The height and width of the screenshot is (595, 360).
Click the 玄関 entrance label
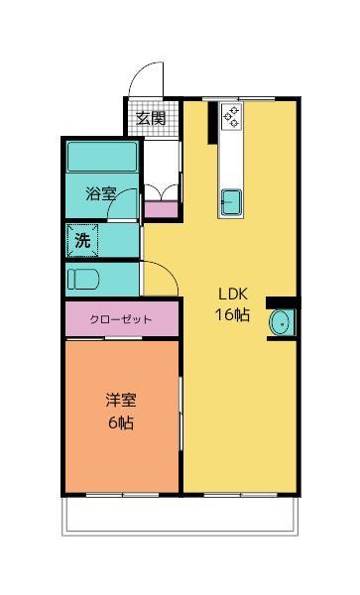coord(151,118)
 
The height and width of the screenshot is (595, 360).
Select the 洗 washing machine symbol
coord(83,240)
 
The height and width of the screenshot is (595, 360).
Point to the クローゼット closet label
coord(121,319)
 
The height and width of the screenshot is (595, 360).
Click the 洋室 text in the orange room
coord(121,401)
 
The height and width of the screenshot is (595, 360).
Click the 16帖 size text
coord(233,314)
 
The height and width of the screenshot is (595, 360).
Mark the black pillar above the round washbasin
coord(281,301)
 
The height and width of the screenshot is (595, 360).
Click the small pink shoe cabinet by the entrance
coord(162,209)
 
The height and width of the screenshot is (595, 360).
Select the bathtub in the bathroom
coord(101,158)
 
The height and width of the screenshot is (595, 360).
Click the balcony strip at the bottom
coord(180,514)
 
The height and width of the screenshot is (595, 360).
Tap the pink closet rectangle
coord(121,319)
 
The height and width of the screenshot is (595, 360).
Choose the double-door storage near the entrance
coord(163,192)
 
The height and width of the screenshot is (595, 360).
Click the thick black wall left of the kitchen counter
coord(211,124)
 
